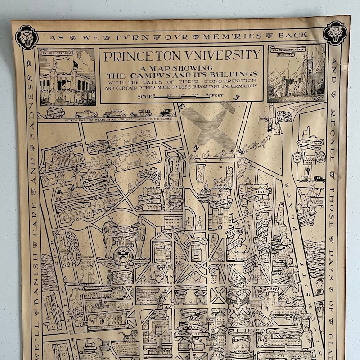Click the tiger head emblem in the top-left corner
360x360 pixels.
[27, 36]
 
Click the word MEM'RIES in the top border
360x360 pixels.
[234, 36]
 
